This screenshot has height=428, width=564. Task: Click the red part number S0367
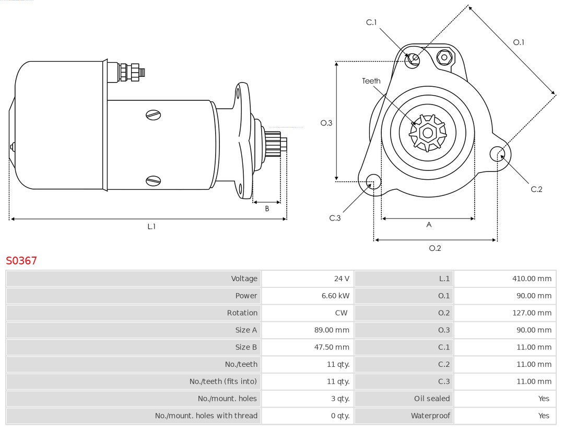tap(21, 260)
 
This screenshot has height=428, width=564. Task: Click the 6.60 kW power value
tap(335, 296)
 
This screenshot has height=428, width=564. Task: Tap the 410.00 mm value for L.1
tap(532, 279)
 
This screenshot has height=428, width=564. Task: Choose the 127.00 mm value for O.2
tap(532, 313)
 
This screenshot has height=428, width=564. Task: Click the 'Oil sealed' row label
tap(431, 398)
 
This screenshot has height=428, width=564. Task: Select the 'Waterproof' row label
tap(430, 415)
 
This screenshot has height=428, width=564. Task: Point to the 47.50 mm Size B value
tap(335, 347)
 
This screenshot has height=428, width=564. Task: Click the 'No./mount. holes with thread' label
tap(206, 415)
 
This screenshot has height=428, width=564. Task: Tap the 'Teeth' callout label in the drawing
tap(371, 81)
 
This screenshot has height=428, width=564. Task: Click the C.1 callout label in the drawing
tap(371, 22)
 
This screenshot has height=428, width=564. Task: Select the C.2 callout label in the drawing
tap(536, 189)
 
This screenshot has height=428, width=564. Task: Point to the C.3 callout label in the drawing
tap(335, 218)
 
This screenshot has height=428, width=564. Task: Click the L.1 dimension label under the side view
tap(151, 226)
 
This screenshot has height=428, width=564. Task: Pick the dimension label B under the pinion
tap(267, 209)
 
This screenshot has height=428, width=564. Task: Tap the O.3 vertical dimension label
tap(326, 123)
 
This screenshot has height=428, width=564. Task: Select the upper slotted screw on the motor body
tap(154, 115)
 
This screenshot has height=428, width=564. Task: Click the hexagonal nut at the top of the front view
tap(444, 57)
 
